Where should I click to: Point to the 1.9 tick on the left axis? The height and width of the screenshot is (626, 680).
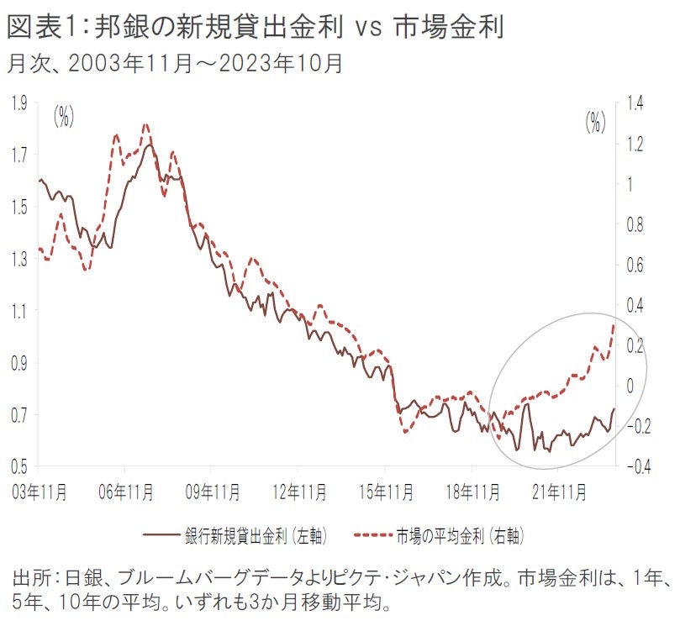click(18, 103)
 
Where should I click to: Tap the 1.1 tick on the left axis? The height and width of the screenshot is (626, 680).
click(18, 311)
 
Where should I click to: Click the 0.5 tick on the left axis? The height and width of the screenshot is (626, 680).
click(18, 466)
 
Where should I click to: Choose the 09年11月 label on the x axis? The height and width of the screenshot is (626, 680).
click(212, 487)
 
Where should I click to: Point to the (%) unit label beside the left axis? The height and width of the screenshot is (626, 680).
click(64, 118)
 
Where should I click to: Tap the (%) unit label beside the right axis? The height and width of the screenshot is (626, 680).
click(595, 123)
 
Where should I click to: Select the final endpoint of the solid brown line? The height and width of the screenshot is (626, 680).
click(614, 409)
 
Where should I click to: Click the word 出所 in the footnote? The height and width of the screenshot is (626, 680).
click(30, 580)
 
